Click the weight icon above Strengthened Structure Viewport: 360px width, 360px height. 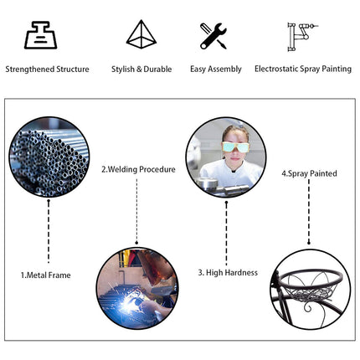[x=41, y=35]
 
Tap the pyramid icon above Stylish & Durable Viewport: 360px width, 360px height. [x=141, y=34]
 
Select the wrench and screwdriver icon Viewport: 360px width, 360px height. [x=213, y=36]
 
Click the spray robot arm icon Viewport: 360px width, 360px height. [x=302, y=37]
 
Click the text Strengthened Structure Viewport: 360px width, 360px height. [x=47, y=69]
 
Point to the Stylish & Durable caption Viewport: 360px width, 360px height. [x=141, y=69]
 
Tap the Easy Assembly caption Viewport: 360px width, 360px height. [x=216, y=69]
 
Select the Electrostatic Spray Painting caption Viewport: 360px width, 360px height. [x=303, y=69]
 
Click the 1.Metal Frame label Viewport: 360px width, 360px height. [x=46, y=275]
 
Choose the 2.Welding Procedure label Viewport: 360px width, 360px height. [x=138, y=169]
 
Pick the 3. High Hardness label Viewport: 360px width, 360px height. [x=228, y=273]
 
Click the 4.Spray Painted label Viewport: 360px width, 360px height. [x=309, y=173]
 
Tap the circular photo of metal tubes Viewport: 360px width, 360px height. [x=49, y=157]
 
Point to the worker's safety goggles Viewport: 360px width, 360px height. [x=236, y=147]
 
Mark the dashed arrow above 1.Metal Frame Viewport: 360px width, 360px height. [x=49, y=231]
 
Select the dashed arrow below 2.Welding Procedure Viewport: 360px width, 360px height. [x=136, y=212]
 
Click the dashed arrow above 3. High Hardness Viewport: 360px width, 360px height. [x=226, y=233]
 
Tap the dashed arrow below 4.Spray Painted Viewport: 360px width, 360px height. [x=309, y=212]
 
